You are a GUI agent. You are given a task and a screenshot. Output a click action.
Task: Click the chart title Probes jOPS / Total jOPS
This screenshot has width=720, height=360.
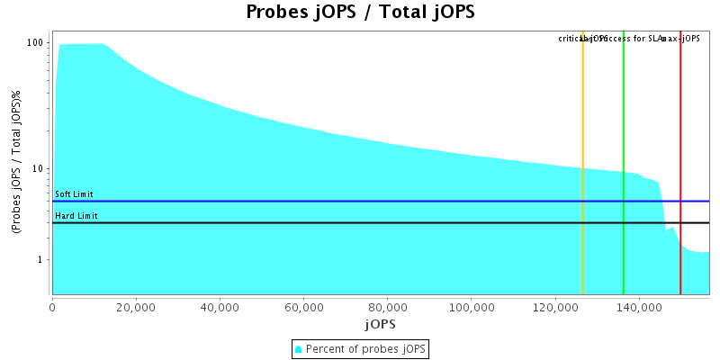coord(360,13)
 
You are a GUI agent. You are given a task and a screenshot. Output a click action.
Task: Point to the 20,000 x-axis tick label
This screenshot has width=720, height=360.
coord(136,308)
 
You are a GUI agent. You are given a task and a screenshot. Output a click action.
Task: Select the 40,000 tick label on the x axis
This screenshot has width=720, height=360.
coord(220,308)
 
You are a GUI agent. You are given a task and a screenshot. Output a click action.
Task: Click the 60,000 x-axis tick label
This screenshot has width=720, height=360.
coord(303,308)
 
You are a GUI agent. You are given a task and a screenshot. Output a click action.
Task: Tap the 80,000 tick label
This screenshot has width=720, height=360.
coord(387,308)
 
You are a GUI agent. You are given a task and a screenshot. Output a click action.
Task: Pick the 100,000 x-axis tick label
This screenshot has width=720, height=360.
coord(471,308)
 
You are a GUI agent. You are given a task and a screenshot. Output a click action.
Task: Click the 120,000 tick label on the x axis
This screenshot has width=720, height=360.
coord(554,308)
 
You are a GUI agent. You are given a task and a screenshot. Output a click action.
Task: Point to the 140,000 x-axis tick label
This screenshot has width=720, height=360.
coord(638,308)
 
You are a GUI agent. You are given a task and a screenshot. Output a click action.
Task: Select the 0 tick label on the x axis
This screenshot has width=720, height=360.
coord(52,308)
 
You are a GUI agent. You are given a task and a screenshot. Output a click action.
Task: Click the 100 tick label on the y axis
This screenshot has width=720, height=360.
coord(37,43)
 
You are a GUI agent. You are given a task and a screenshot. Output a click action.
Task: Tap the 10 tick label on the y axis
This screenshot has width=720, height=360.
coord(40,169)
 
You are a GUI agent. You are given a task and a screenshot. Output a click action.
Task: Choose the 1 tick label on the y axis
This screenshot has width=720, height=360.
coord(42,260)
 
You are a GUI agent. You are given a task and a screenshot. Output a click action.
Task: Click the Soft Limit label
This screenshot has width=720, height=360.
coord(74,194)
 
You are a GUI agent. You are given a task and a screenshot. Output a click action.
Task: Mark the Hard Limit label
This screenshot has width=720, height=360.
coord(76,216)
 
